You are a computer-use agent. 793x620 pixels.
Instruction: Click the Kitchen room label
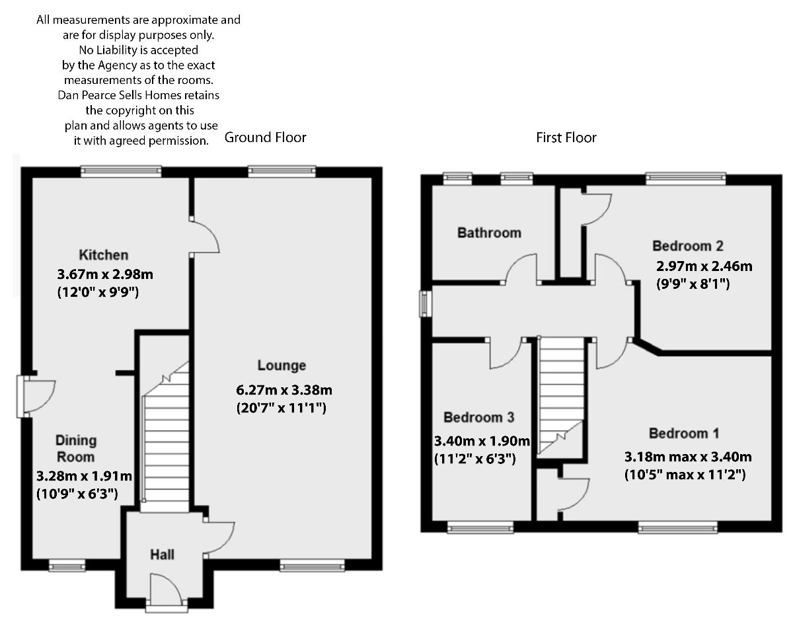104,254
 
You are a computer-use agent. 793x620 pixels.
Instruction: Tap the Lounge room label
282,366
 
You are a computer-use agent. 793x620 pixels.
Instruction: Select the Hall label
163,555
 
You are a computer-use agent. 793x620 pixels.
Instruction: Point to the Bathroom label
490,233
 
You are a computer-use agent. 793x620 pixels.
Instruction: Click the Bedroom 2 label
688,246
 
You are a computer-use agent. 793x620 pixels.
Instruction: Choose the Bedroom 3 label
479,417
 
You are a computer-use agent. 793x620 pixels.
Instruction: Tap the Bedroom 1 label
684,433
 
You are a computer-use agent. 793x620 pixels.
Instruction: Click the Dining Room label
76,449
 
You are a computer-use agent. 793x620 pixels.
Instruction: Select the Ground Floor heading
265,137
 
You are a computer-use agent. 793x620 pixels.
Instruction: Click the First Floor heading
566,137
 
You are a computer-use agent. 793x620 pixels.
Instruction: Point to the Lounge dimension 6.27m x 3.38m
284,390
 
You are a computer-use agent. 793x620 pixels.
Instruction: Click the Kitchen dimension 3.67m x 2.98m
105,274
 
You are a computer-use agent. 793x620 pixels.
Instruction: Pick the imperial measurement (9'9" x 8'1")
693,284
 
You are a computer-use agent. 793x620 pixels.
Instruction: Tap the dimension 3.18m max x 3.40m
689,457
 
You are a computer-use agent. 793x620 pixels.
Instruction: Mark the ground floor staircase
165,436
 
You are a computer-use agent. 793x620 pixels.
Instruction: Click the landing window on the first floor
425,303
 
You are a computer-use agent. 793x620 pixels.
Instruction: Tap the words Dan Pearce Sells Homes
120,95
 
